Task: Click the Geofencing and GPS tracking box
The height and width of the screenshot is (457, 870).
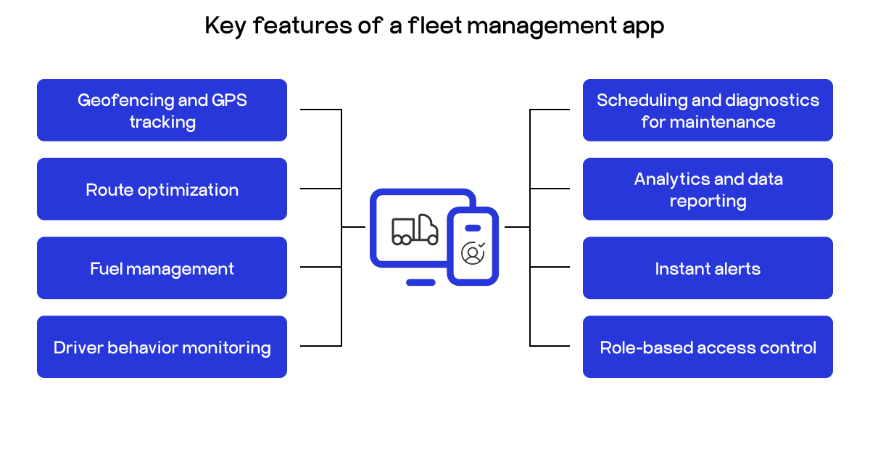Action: tap(162, 110)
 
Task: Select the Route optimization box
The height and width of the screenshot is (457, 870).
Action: tap(162, 189)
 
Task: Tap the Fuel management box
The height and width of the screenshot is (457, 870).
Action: tap(162, 268)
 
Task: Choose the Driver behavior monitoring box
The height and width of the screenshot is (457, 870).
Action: tap(162, 347)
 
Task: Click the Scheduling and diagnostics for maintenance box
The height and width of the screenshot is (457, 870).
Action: tap(708, 110)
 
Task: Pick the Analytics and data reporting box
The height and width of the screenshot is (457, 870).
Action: tap(708, 189)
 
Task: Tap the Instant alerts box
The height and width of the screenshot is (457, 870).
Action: tap(708, 268)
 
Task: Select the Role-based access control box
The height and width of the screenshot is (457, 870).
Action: tap(708, 347)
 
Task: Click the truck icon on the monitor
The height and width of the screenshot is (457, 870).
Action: tap(415, 230)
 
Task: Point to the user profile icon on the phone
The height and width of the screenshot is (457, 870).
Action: tap(473, 252)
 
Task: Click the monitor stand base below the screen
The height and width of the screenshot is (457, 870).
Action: tap(420, 282)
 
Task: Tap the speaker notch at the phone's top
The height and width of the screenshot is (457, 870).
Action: tap(473, 228)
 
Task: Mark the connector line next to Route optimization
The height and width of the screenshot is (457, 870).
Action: tap(320, 189)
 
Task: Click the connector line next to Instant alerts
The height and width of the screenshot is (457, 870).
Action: tap(550, 267)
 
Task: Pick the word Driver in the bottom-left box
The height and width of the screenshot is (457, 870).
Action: tap(78, 347)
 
